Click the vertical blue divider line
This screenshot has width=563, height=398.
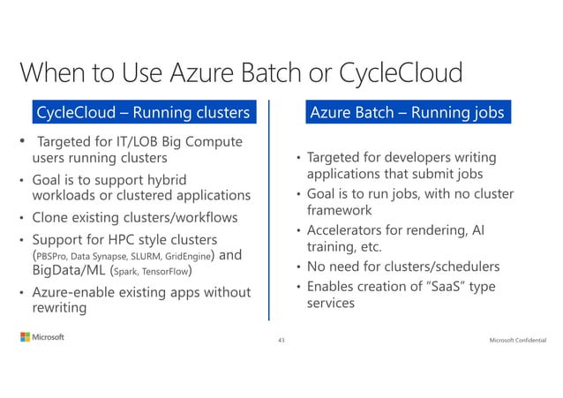270,212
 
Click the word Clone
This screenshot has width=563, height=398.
50,216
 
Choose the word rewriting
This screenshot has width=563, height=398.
59,307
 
